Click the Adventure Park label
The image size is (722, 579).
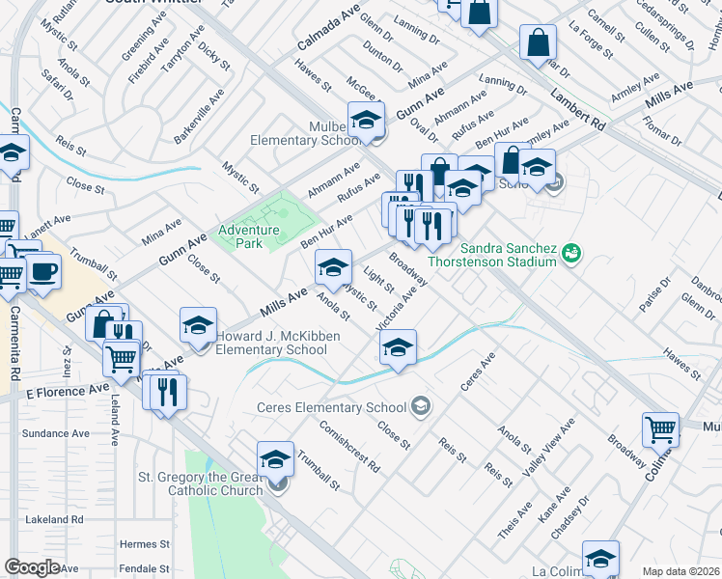coord(248,236)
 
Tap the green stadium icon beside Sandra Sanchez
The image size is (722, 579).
coord(572,253)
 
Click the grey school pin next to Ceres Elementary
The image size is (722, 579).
coord(420,405)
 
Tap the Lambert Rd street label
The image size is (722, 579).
coord(579,111)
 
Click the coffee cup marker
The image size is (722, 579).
coord(42,271)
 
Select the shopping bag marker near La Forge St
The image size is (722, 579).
coord(538,42)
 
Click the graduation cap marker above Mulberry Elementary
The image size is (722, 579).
coord(366,120)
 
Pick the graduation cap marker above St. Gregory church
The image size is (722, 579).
coord(276,457)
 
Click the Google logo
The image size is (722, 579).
coord(32,567)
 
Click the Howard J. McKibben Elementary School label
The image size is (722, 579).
coord(270,343)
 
